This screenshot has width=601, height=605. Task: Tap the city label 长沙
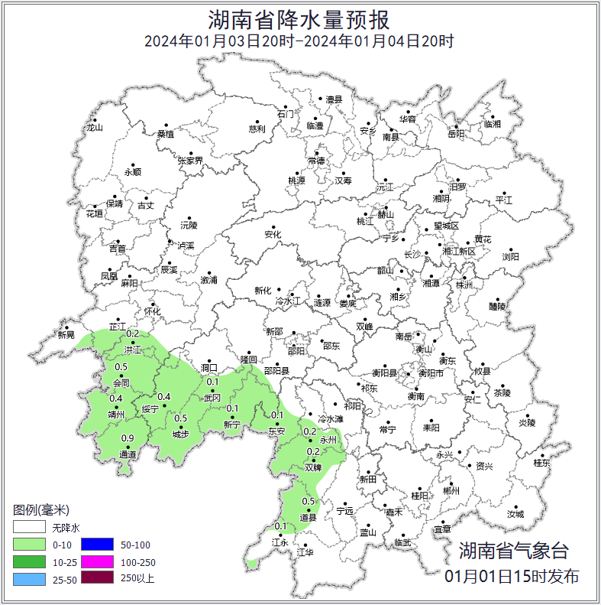411,255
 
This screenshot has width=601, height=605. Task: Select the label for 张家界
191,161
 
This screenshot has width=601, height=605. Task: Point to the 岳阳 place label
456,134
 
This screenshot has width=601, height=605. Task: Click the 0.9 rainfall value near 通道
128,438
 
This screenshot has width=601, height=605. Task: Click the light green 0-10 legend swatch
28,545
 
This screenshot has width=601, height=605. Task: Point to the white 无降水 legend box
28,528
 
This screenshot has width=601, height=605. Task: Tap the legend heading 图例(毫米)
41,510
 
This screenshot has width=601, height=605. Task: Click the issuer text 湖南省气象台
514,550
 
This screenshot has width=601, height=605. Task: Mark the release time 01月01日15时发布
512,576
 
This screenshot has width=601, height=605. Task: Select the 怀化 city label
153,311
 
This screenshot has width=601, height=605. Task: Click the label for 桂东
541,463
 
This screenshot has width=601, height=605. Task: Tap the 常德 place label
316,161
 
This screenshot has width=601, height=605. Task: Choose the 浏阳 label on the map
510,258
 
